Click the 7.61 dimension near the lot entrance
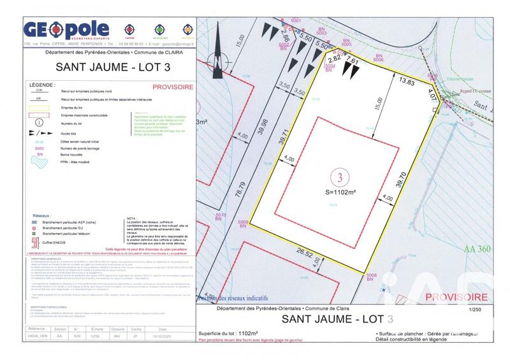[x=352, y=62]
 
